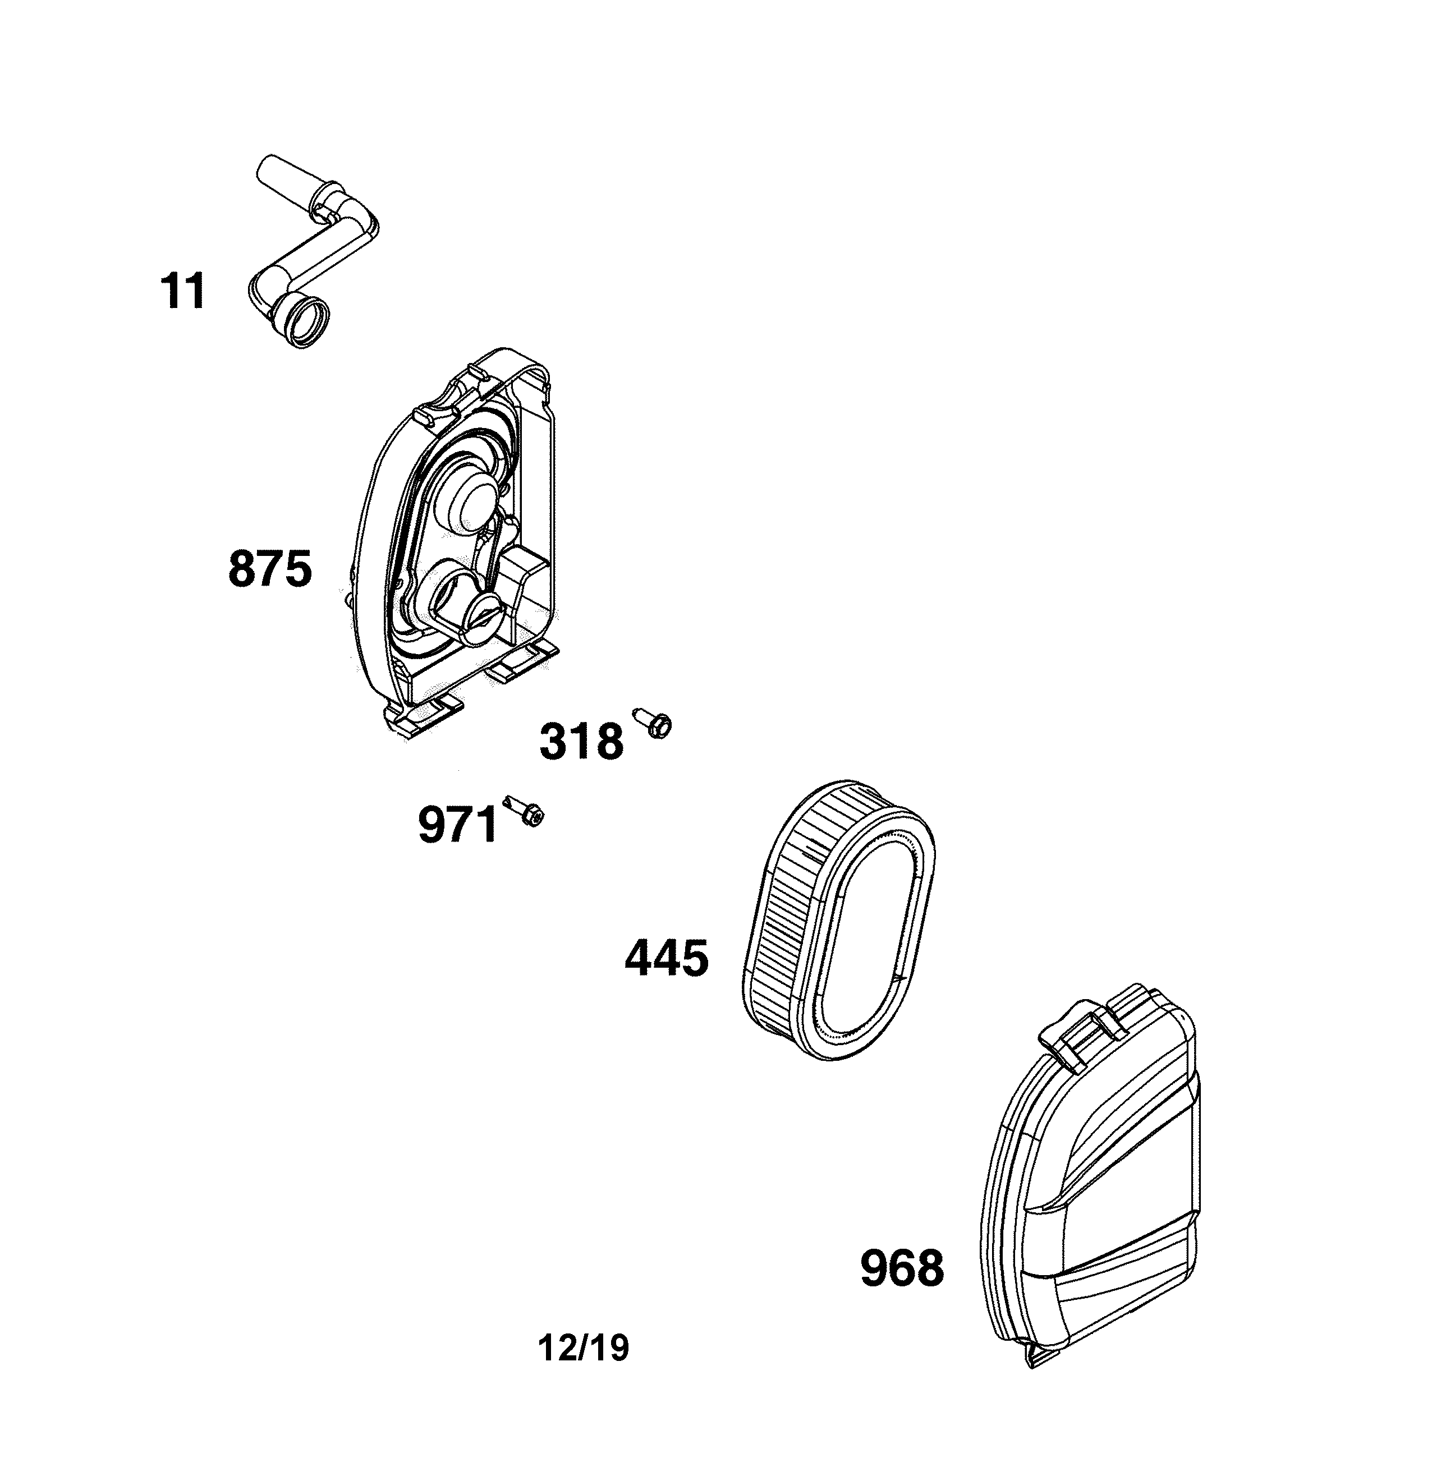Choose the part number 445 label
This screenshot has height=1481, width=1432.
667,958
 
